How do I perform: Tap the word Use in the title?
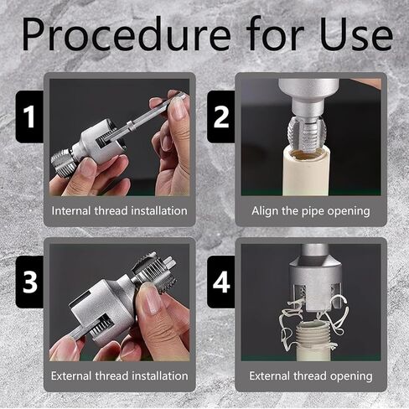(x=356, y=34)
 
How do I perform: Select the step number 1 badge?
(x=29, y=116)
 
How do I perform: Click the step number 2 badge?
(x=220, y=116)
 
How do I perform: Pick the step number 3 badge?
(x=29, y=282)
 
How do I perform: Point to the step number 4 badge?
(x=220, y=282)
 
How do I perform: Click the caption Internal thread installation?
(x=120, y=210)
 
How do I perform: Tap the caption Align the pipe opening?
(x=311, y=211)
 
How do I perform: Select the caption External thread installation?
(x=120, y=375)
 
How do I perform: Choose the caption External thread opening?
(x=311, y=376)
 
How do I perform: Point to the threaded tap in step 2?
(x=307, y=133)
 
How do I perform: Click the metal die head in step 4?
(x=315, y=283)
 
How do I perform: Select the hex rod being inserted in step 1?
(x=145, y=117)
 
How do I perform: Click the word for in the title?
(x=275, y=34)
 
